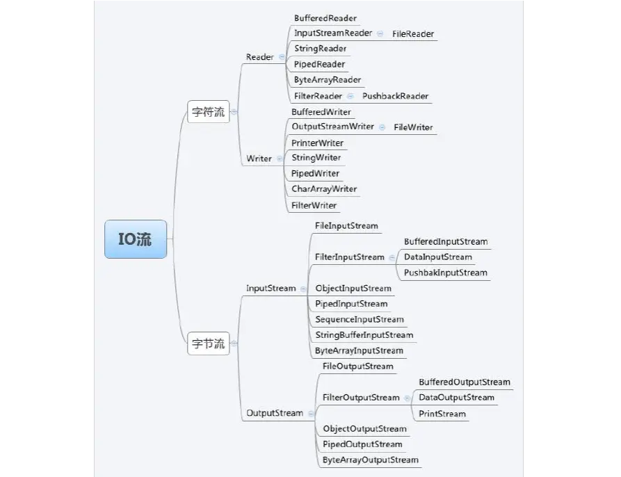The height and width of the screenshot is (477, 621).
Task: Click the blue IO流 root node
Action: [x=136, y=239]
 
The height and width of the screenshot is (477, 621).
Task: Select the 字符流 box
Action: [x=209, y=112]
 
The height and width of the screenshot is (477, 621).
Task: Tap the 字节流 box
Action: [x=209, y=343]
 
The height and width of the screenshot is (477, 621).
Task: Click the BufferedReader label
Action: [x=325, y=18]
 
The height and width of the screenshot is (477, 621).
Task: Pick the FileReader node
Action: [x=413, y=34]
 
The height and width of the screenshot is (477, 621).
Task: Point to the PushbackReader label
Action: [x=395, y=96]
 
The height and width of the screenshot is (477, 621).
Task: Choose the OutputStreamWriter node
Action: [x=332, y=127]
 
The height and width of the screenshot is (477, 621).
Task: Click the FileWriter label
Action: [x=413, y=127]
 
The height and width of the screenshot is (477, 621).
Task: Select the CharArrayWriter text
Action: [x=324, y=189]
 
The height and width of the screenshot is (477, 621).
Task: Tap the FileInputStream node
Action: [x=346, y=226]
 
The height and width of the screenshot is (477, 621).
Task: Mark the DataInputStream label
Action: [x=438, y=257]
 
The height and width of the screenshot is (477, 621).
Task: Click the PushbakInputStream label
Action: [x=446, y=273]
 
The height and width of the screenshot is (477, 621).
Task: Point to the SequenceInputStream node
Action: [x=360, y=319]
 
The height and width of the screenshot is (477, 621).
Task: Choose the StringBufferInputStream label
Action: [x=364, y=335]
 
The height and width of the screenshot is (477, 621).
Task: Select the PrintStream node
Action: [x=442, y=414]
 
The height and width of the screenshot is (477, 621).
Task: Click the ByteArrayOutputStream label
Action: [x=370, y=460]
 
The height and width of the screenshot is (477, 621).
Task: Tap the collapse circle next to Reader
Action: [x=282, y=57]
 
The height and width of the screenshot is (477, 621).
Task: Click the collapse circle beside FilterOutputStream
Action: [x=407, y=398]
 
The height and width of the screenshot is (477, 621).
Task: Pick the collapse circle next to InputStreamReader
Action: [x=380, y=33]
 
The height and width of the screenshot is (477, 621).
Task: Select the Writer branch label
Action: [x=259, y=159]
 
